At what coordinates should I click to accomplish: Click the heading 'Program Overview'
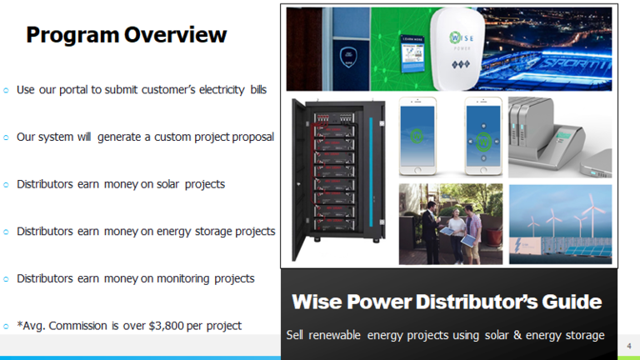point(126,35)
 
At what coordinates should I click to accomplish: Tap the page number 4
point(629,343)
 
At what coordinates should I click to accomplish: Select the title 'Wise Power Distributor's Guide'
point(446,301)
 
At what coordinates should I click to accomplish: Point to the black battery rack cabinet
point(338,179)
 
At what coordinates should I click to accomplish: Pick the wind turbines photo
point(560,225)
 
